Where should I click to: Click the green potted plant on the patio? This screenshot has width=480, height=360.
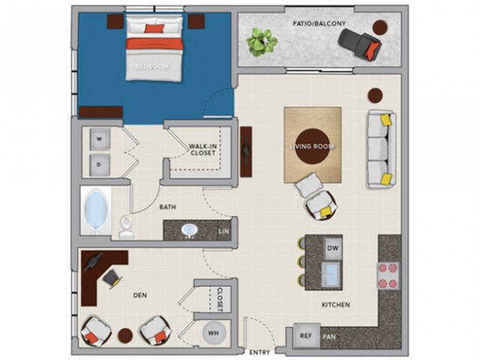[262, 42]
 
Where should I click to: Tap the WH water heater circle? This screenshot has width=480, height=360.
[214, 333]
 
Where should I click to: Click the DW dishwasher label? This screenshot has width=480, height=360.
[333, 248]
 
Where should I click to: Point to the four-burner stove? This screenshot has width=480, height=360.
[388, 276]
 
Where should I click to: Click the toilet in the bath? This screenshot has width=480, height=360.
[126, 226]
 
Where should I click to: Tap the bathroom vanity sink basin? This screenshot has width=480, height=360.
[190, 230]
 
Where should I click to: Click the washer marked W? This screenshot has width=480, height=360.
[100, 139]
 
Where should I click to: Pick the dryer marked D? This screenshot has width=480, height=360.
[100, 165]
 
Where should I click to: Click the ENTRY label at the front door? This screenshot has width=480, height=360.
[259, 352]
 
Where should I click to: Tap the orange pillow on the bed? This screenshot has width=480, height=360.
[154, 28]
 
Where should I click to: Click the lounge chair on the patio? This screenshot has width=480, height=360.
[360, 44]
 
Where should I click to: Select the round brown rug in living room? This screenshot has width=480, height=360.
[313, 147]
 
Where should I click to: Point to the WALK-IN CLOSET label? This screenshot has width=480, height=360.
[202, 150]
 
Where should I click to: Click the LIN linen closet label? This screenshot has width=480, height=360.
[223, 231]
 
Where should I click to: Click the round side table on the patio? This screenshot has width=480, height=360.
[380, 28]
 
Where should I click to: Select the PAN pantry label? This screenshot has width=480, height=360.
[329, 337]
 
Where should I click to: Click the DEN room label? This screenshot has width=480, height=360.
[140, 295]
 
